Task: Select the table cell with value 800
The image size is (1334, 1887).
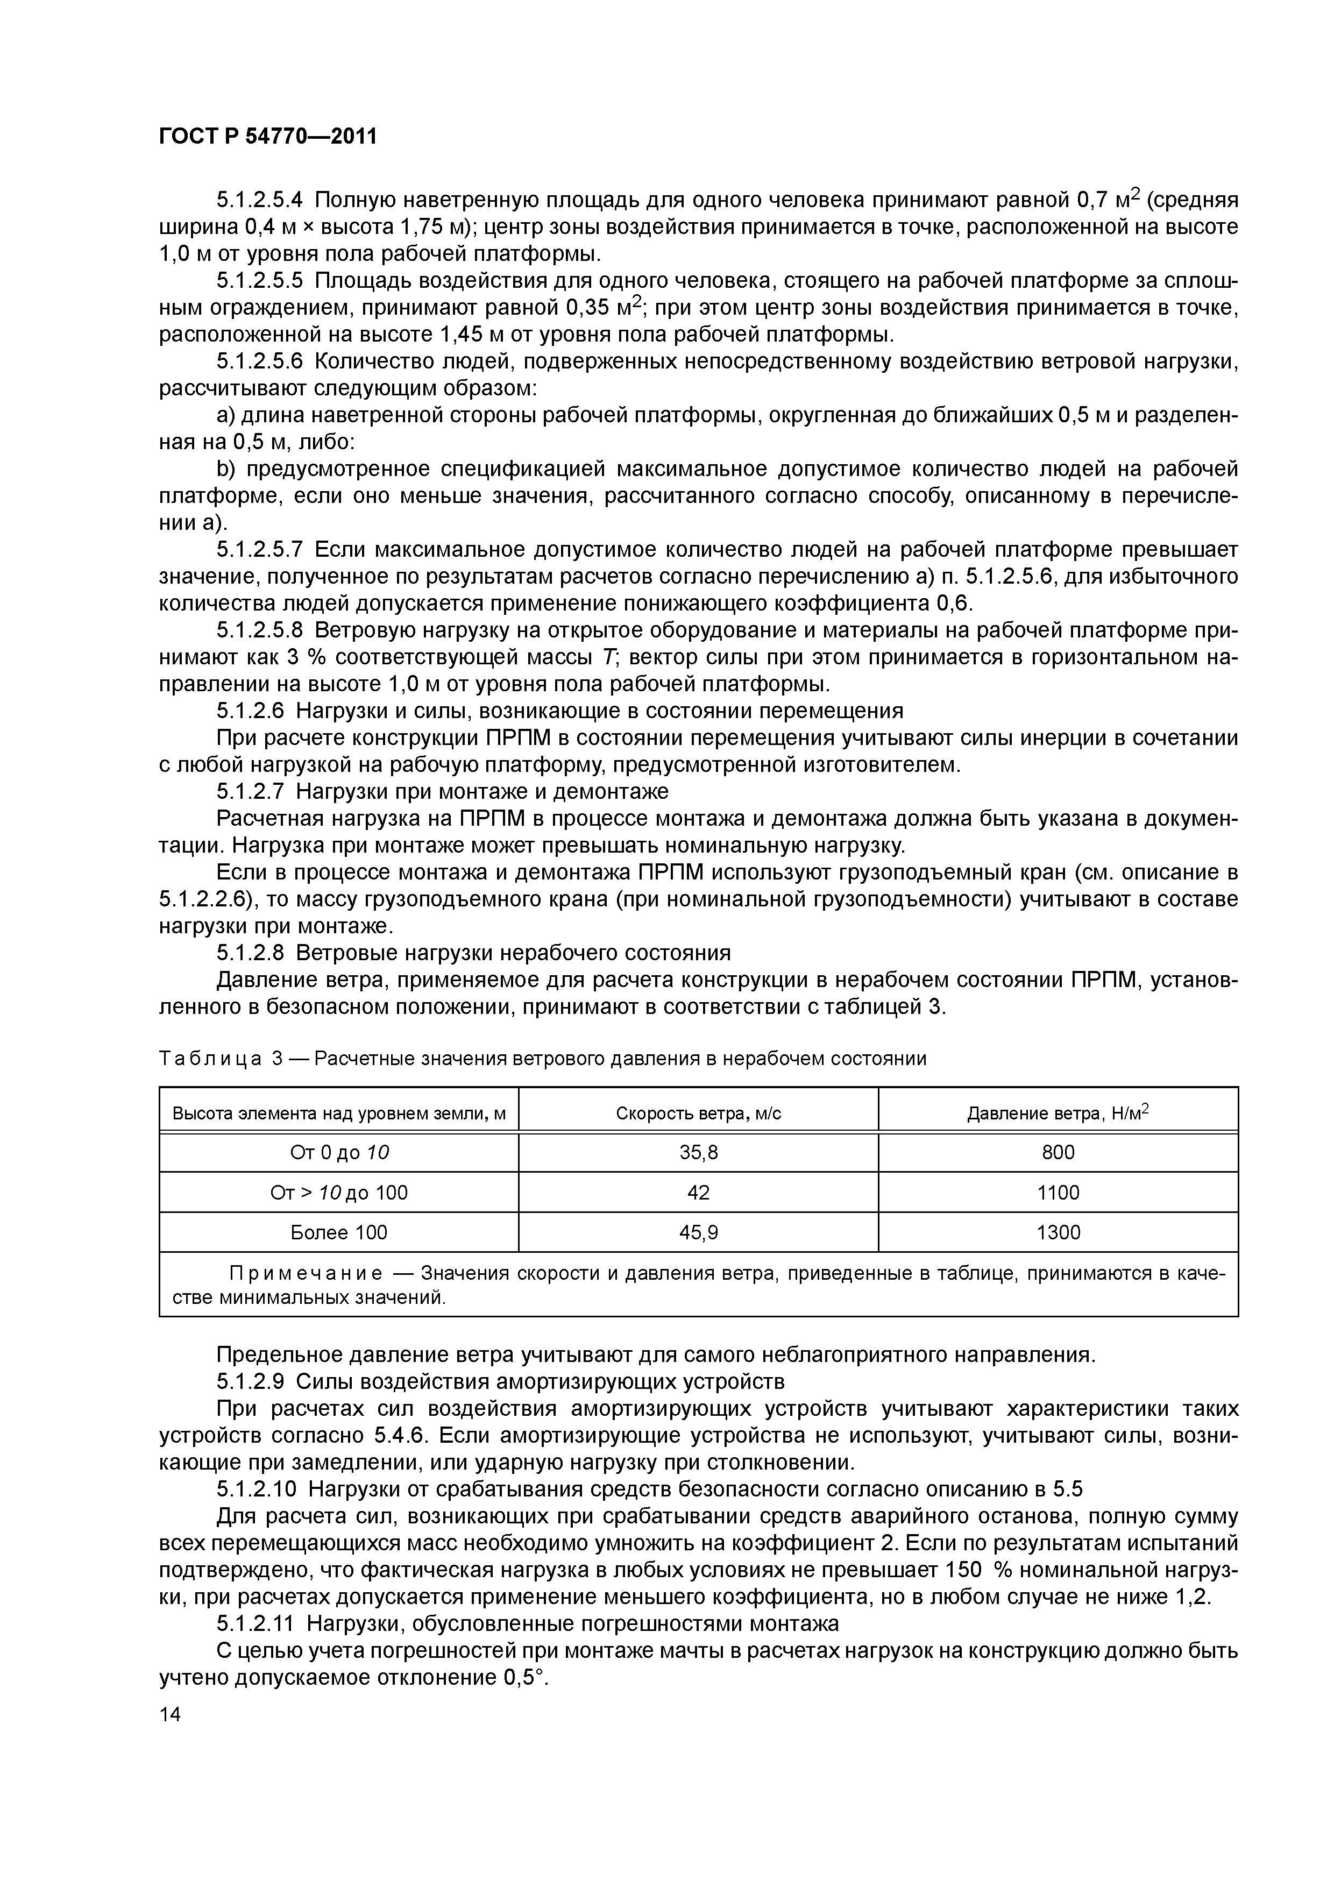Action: (1058, 1152)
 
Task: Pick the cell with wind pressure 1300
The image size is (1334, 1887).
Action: (1058, 1232)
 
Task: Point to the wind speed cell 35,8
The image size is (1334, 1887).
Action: (699, 1152)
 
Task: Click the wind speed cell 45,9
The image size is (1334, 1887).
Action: (699, 1232)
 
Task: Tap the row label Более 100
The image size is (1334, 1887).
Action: (339, 1232)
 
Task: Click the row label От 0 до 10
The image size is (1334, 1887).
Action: (339, 1152)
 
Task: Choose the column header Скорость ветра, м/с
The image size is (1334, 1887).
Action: (699, 1113)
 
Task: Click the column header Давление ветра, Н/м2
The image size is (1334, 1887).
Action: (1058, 1113)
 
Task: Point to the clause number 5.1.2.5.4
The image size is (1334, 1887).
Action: (260, 200)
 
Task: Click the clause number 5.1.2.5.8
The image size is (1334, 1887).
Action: (260, 630)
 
